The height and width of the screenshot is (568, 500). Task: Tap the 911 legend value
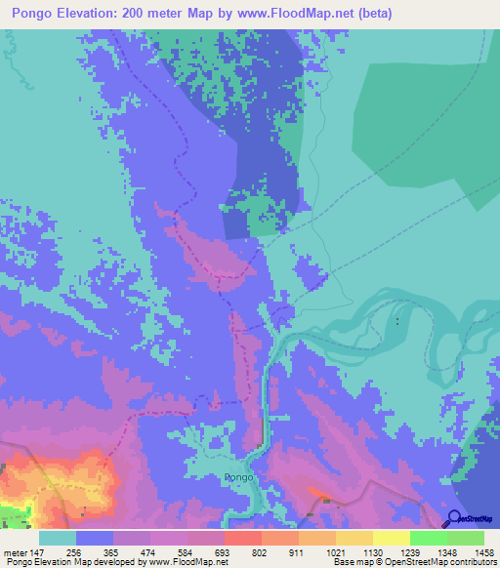pyautogui.click(x=299, y=551)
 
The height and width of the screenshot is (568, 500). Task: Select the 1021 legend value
pyautogui.click(x=336, y=551)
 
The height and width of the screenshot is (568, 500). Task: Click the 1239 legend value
pyautogui.click(x=410, y=551)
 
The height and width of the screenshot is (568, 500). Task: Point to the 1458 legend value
pyautogui.click(x=484, y=551)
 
